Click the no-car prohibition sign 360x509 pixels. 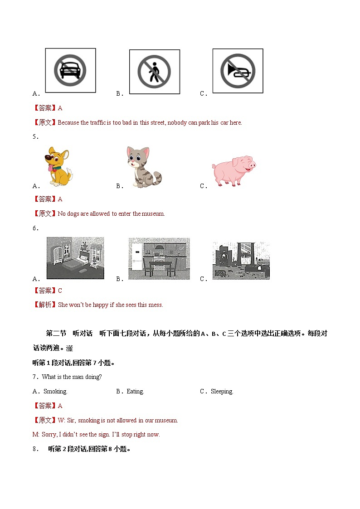coord(70,71)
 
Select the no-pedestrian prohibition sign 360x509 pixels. coord(154,72)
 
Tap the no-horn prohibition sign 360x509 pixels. coord(238,71)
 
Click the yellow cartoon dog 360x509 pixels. coord(58,167)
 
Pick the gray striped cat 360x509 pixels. coord(142,167)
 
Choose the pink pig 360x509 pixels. coord(234,170)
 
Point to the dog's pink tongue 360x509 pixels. coord(49,169)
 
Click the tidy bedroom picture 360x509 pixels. coord(75,258)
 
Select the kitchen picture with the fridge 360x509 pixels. coord(159,258)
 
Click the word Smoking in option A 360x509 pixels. coord(55,392)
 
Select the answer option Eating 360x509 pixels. coord(135,392)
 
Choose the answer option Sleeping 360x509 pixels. coord(222,392)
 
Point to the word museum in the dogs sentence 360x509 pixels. coord(153,214)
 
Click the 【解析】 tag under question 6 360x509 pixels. coord(45,305)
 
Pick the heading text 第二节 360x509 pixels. coord(56,334)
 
